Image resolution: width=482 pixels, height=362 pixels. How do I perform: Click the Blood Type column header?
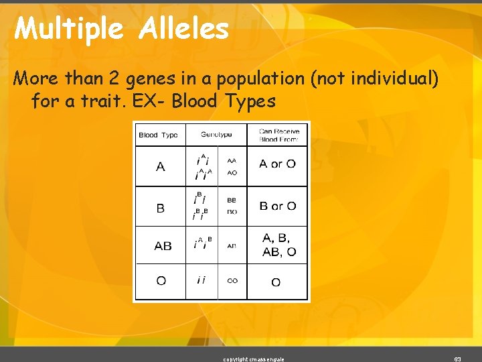pyautogui.click(x=158, y=135)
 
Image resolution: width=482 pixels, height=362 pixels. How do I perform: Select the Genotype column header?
pyautogui.click(x=216, y=135)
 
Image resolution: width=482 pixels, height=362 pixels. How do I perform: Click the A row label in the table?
pyautogui.click(x=160, y=166)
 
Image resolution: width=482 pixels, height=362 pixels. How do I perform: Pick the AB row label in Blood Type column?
pyautogui.click(x=163, y=246)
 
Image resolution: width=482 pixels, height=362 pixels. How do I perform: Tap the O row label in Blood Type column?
pyautogui.click(x=161, y=281)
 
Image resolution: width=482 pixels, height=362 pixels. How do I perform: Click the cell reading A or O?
pyautogui.click(x=277, y=164)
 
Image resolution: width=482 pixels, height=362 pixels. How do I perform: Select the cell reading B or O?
pyautogui.click(x=277, y=206)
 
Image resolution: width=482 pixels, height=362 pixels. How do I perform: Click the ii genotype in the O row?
pyautogui.click(x=200, y=280)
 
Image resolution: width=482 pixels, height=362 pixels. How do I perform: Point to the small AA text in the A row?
pyautogui.click(x=232, y=161)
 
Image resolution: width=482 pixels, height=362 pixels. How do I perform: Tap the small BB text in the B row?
pyautogui.click(x=232, y=200)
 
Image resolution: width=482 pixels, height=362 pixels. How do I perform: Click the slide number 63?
pyautogui.click(x=457, y=359)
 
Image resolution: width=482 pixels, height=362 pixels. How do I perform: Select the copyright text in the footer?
pyautogui.click(x=254, y=359)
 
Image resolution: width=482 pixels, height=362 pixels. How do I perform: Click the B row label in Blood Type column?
pyautogui.click(x=160, y=208)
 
